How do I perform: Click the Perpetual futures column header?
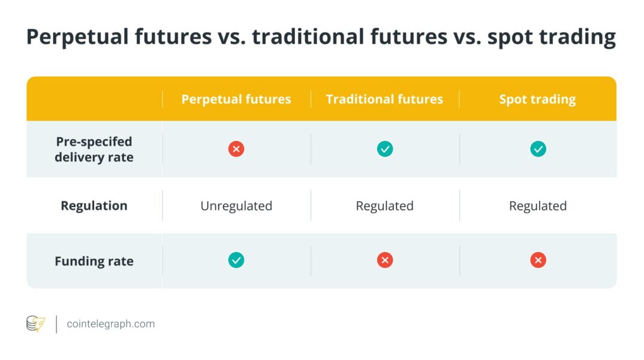[x=236, y=99]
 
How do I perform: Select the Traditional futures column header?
[x=384, y=99]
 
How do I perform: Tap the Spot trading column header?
[x=538, y=100]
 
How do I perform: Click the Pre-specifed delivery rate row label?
[x=94, y=149]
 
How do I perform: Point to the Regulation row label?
[x=94, y=205]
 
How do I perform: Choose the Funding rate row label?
[x=94, y=261]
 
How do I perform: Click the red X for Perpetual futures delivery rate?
[x=236, y=149]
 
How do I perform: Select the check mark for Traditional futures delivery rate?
[x=385, y=149]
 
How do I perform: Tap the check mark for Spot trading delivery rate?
[x=538, y=149]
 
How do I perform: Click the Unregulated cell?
[x=236, y=205]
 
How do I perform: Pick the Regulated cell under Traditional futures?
[x=384, y=206]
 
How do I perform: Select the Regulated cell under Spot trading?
[x=538, y=206]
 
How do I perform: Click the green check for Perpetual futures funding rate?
[x=236, y=260]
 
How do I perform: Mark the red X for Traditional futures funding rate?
[x=385, y=260]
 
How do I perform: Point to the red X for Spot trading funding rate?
[x=538, y=260]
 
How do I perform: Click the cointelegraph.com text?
[x=111, y=324]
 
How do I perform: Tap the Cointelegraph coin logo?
[x=36, y=324]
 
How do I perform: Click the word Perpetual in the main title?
[x=77, y=37]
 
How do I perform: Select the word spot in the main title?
[x=510, y=38]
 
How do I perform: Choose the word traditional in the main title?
[x=308, y=37]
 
